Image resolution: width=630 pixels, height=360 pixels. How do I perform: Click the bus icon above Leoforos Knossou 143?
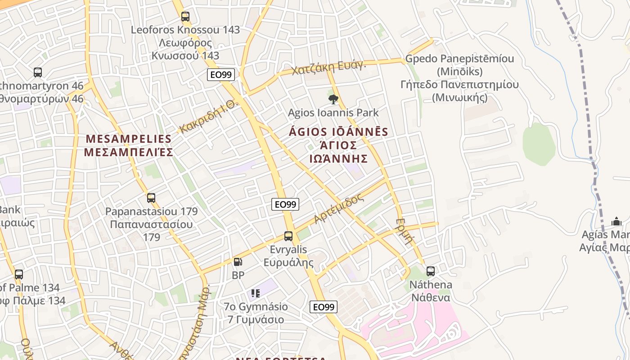(185, 17)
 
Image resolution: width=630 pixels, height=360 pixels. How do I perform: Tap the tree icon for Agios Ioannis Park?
(333, 99)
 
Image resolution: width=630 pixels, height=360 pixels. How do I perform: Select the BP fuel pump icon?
(238, 261)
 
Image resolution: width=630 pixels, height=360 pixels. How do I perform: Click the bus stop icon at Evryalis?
(288, 236)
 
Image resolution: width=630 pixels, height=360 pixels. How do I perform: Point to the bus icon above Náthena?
(431, 271)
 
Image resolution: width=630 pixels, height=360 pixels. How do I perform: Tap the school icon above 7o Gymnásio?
(256, 293)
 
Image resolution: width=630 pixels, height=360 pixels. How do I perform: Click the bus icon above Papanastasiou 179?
(151, 198)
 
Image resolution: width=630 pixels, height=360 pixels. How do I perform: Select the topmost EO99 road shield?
(221, 75)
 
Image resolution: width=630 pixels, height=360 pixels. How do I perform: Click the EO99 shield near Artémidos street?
(286, 204)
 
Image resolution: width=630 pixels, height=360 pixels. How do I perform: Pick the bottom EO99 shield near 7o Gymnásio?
(324, 307)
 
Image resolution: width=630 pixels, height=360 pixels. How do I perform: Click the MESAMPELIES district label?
(128, 145)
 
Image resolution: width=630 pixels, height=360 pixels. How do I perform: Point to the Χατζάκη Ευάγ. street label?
(329, 68)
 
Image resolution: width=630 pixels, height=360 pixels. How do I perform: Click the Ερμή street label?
(405, 230)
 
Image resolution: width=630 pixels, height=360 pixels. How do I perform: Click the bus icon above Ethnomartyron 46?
(38, 72)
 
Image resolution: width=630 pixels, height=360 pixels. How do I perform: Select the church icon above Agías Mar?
(616, 221)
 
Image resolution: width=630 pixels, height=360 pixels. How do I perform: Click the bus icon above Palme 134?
(18, 274)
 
